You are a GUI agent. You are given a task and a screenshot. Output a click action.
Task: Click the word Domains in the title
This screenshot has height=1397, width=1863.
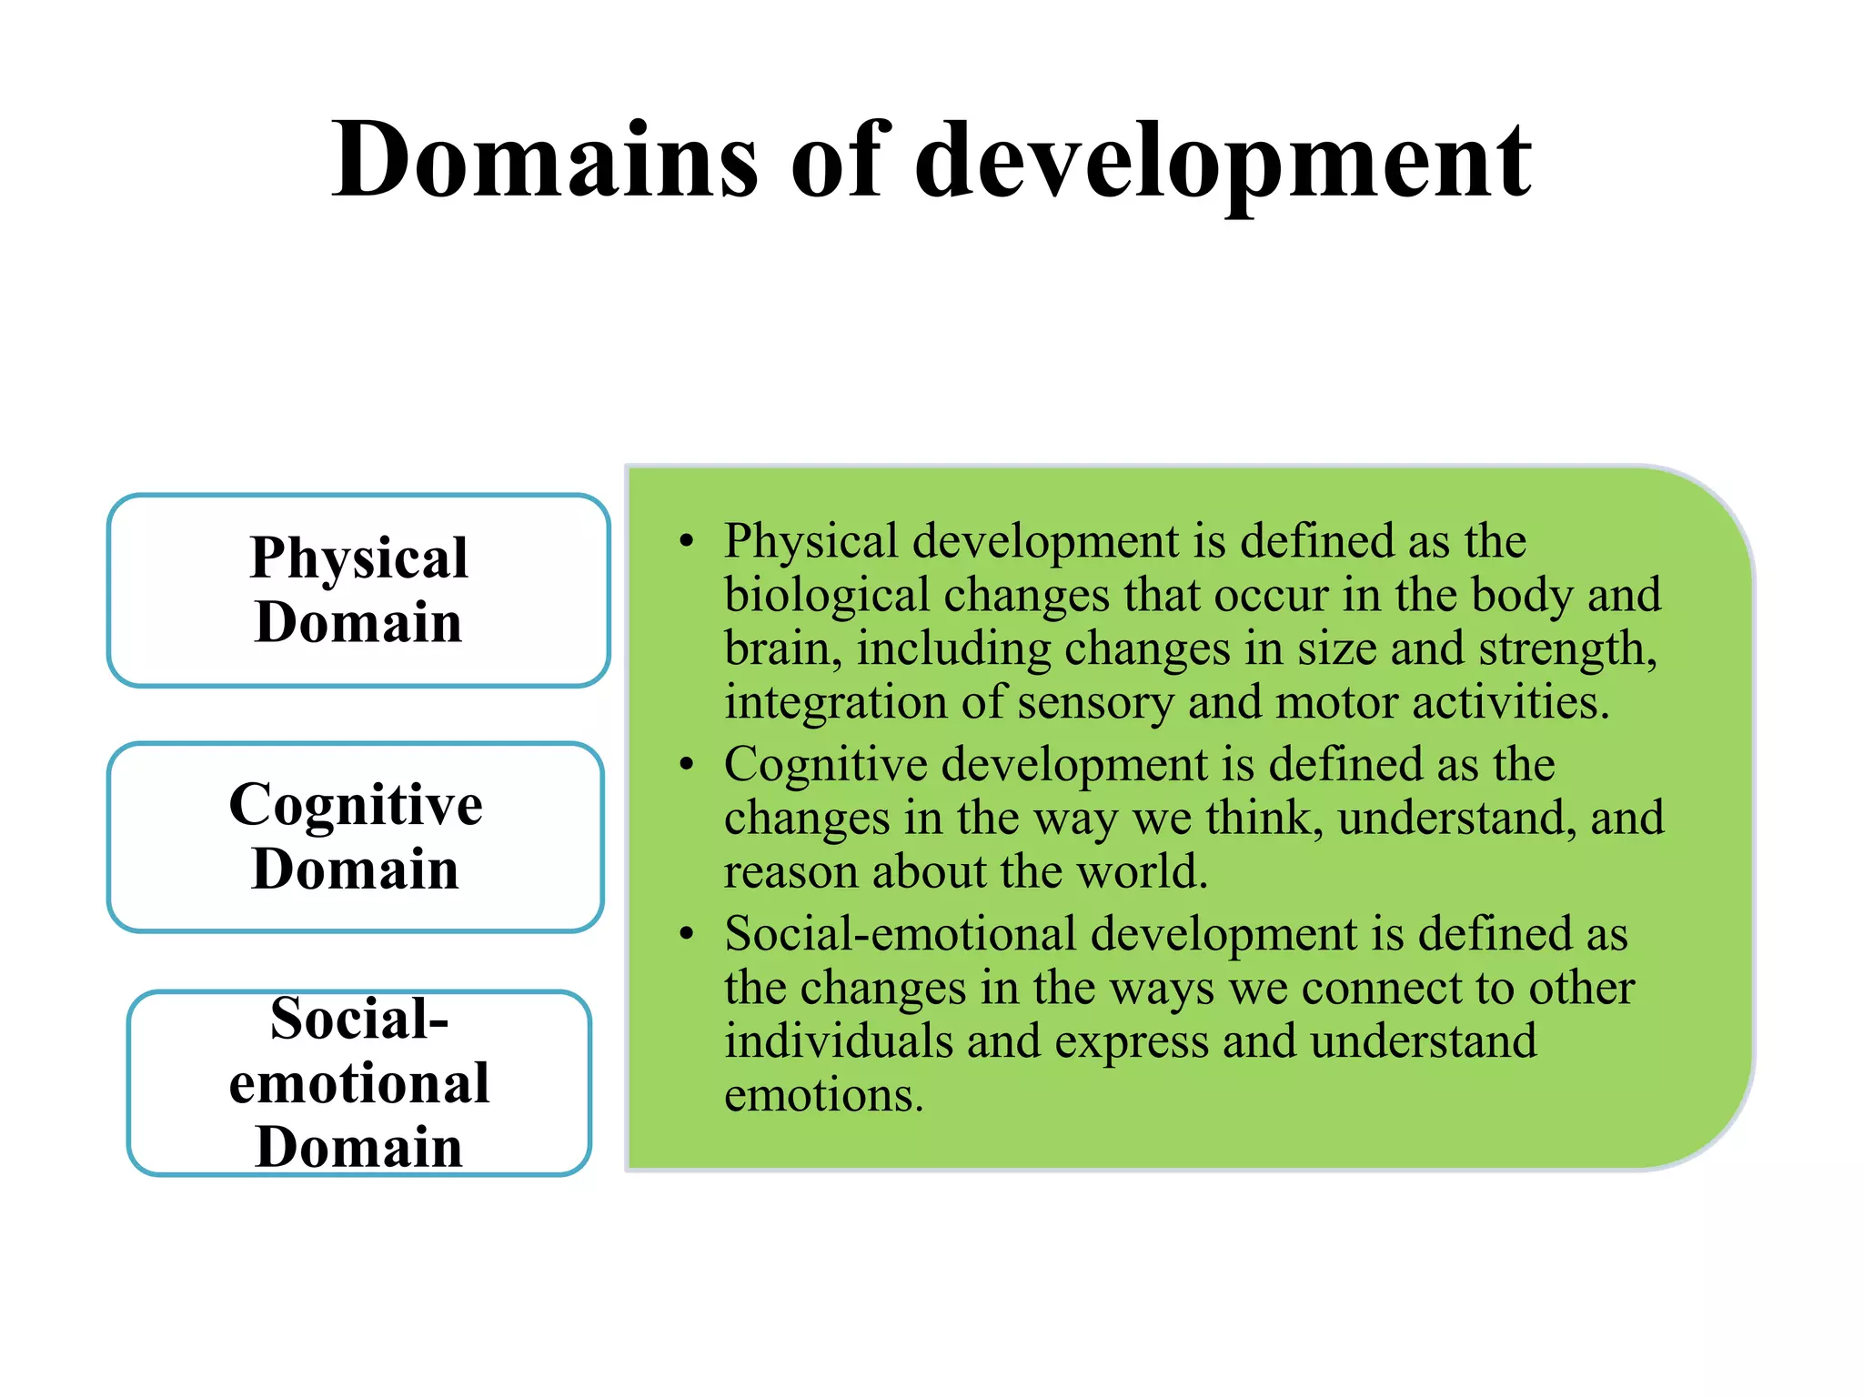[x=544, y=161]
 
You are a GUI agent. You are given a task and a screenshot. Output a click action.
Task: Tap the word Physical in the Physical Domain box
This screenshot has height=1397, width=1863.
[x=358, y=558]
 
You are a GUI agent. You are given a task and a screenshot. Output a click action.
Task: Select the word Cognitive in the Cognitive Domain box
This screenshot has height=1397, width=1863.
[x=356, y=806]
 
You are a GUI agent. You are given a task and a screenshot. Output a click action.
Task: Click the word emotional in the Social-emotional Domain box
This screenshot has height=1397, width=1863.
[x=359, y=1082]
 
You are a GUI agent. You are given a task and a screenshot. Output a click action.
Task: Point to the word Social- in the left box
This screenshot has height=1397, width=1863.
[x=359, y=1019]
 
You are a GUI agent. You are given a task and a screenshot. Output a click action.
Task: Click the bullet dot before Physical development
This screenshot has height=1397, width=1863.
[x=687, y=542]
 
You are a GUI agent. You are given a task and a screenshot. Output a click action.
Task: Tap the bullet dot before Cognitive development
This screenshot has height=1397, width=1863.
[x=687, y=765]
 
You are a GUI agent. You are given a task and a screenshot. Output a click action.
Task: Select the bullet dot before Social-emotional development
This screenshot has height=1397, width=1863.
[x=687, y=934]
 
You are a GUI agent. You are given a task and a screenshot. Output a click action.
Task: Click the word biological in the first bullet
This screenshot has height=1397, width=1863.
[x=826, y=597]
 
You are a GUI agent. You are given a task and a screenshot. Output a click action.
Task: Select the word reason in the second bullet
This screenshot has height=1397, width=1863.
[x=791, y=872]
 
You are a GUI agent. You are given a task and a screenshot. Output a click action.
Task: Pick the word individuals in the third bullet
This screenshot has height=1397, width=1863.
[x=838, y=1041]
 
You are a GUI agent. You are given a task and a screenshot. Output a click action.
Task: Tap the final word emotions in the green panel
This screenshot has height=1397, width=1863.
[x=823, y=1095]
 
